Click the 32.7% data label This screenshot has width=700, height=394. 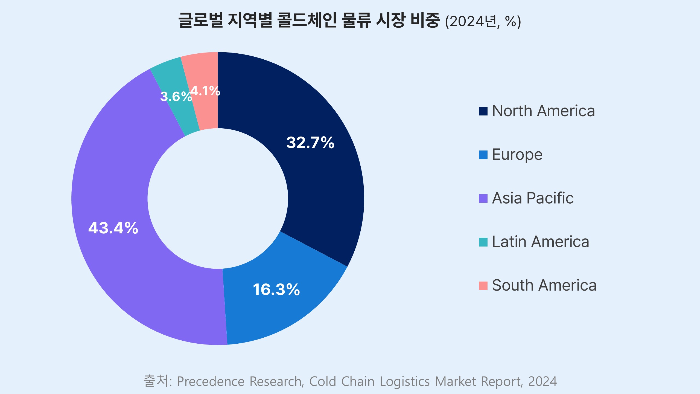click(310, 143)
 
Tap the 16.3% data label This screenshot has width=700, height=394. click(276, 289)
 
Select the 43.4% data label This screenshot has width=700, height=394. click(113, 228)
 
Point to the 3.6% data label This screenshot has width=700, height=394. click(176, 97)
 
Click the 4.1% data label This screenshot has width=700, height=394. click(205, 91)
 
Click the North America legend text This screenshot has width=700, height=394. click(543, 111)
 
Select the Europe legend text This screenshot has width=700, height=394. click(517, 155)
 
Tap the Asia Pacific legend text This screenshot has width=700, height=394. click(533, 198)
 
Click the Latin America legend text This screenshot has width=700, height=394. click(540, 242)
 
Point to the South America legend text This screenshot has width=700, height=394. click(544, 285)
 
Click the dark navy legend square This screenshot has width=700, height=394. click(483, 111)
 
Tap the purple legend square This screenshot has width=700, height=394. click(483, 199)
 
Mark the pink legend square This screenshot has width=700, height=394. click(483, 286)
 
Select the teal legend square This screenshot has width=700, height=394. click(483, 242)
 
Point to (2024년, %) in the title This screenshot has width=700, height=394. click(483, 21)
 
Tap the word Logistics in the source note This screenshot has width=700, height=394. click(405, 381)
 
